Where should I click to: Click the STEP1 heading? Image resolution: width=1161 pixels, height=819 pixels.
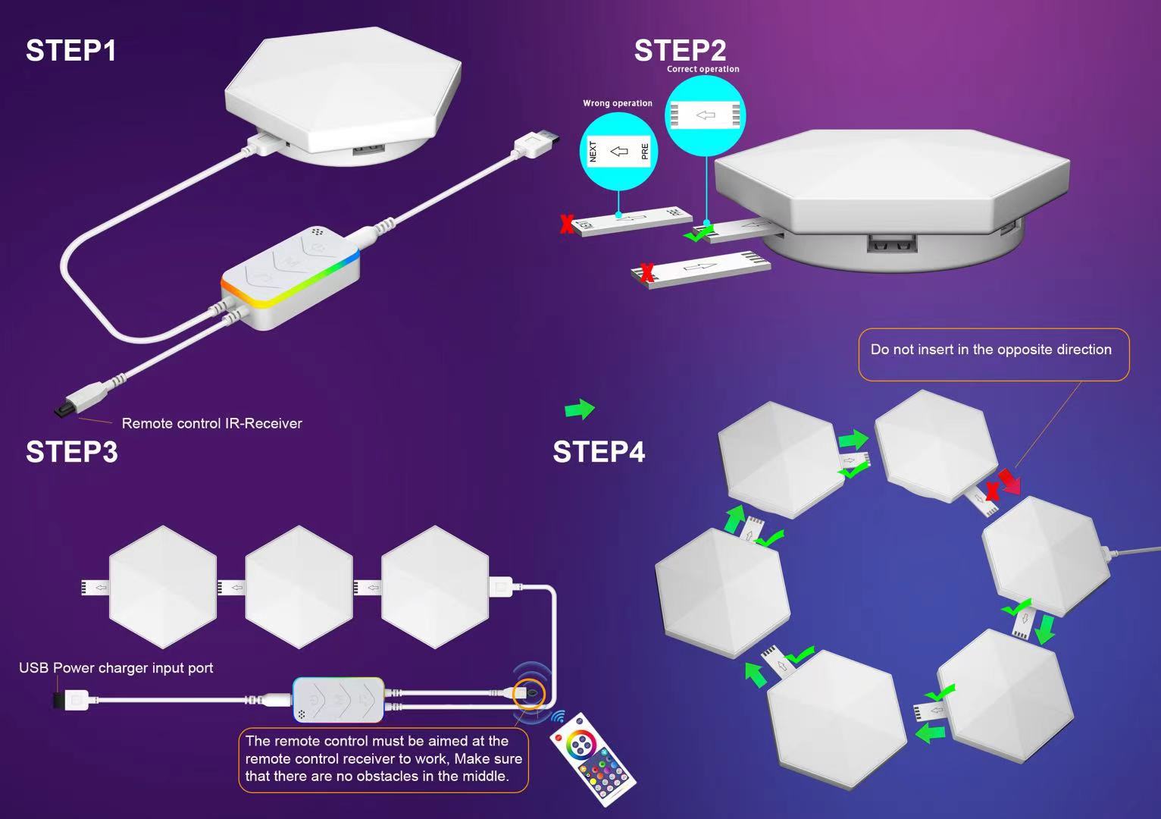click(x=71, y=51)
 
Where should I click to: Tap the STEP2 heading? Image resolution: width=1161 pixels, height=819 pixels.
click(x=680, y=51)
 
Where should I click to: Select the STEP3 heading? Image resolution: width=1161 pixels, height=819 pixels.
click(x=72, y=451)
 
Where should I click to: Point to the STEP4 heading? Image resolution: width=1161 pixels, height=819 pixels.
click(x=599, y=452)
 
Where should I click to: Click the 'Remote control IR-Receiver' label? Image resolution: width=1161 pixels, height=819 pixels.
click(x=211, y=423)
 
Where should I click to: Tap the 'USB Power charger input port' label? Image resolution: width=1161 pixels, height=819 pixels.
click(x=116, y=668)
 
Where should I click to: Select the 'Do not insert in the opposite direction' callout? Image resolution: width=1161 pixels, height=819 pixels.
click(x=990, y=350)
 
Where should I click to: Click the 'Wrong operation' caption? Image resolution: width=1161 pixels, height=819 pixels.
click(x=617, y=103)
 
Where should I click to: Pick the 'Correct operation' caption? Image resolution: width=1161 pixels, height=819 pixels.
click(x=703, y=69)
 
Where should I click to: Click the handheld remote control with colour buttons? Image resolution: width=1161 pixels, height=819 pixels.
click(x=593, y=758)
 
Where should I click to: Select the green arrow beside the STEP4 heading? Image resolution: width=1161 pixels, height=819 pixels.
click(x=580, y=409)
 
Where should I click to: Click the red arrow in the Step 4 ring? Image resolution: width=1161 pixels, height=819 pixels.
click(x=1009, y=481)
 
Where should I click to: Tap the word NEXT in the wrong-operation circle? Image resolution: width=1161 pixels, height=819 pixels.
click(x=593, y=152)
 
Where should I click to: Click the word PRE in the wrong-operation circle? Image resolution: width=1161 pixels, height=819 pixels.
click(x=645, y=152)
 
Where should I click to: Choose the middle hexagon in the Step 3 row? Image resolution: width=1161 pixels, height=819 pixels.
click(x=299, y=587)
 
